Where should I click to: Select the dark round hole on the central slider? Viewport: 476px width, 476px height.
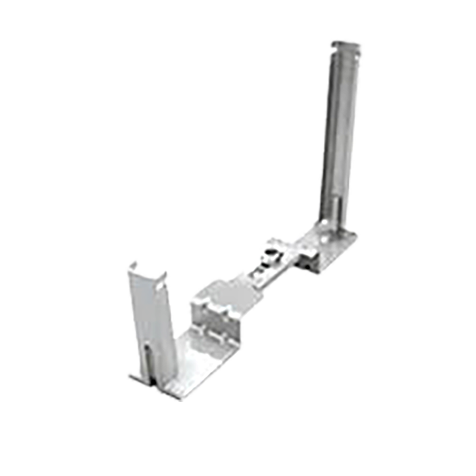coord(269,252)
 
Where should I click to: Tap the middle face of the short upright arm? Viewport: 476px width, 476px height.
coord(153,313)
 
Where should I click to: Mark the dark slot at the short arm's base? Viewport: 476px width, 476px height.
coord(148,359)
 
